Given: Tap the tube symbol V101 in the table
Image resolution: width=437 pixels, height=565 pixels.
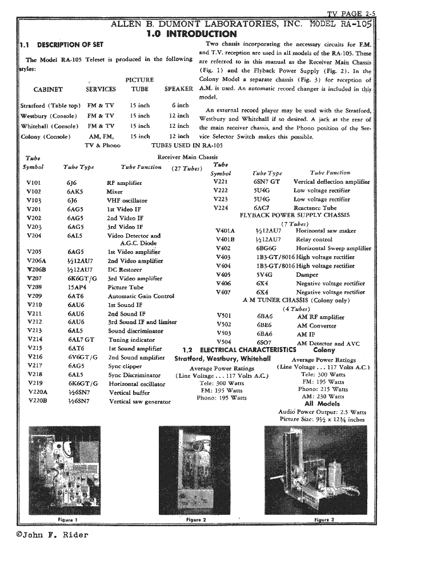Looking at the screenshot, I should (34, 183).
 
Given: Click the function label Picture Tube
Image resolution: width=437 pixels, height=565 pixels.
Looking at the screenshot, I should (125, 287).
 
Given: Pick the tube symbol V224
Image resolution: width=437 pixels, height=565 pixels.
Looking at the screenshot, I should (220, 208).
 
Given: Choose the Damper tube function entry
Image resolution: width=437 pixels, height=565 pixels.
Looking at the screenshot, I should (307, 275).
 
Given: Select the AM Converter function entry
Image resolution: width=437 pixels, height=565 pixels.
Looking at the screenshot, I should (316, 326).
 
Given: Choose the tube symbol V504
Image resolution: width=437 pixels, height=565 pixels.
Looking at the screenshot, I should (224, 343).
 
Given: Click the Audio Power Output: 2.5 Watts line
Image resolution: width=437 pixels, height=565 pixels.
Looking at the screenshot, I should (322, 411).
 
